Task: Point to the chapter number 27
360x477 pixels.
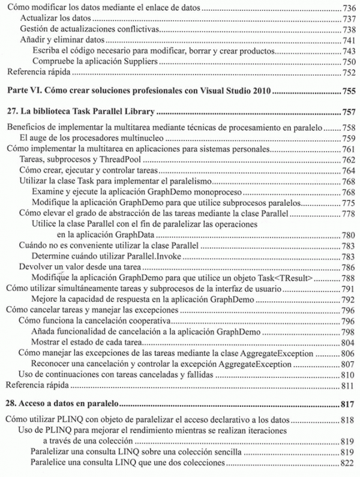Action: pos(11,112)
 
